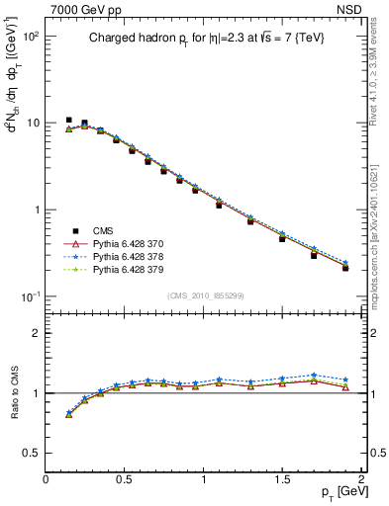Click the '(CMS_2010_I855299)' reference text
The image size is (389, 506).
click(x=204, y=295)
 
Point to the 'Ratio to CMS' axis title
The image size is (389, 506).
click(x=16, y=393)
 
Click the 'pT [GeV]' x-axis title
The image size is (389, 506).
click(x=338, y=492)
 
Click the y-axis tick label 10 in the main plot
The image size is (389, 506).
click(x=30, y=124)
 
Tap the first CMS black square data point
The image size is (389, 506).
click(x=69, y=120)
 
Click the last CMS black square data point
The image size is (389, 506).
click(x=345, y=268)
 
